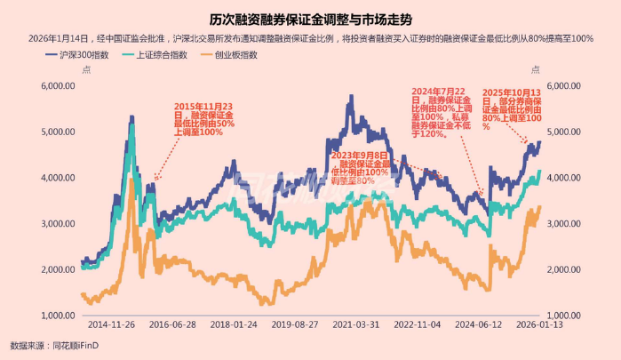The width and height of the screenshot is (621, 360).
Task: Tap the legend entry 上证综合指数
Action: click(161, 55)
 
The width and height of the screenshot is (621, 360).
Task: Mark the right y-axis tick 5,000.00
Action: click(565, 132)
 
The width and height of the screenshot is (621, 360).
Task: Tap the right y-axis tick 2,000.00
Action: click(565, 269)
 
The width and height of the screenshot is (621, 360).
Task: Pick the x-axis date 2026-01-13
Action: click(538, 326)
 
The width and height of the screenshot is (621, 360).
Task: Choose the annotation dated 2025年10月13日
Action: click(511, 108)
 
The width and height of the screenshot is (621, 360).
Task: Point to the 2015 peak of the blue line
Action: click(131, 116)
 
